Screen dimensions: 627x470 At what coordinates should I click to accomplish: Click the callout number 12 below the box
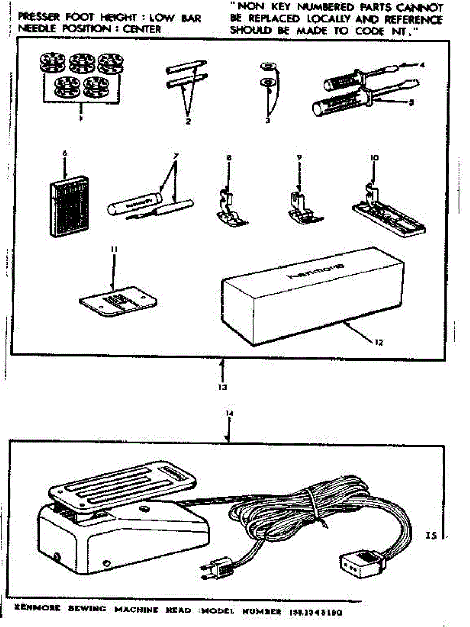pos(378,343)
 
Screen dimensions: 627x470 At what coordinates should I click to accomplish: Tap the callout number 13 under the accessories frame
pos(222,387)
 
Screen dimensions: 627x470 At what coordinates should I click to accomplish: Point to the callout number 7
pos(176,156)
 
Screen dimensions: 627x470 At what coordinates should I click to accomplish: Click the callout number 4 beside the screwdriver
pos(422,65)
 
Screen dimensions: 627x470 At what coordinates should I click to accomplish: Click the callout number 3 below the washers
pos(268,121)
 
